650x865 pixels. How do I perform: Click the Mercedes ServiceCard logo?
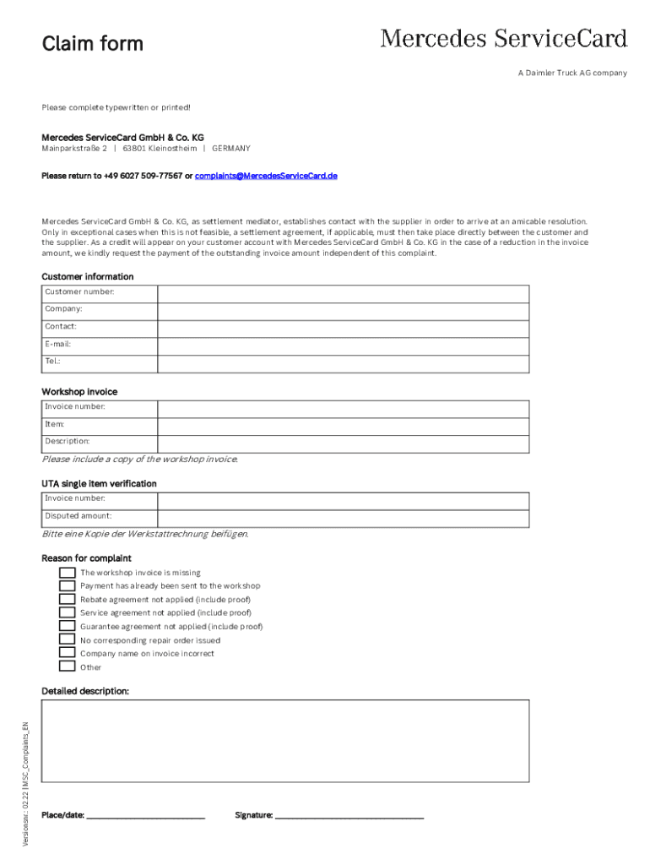point(503,39)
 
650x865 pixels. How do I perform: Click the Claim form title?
point(93,43)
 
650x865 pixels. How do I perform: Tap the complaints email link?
point(267,176)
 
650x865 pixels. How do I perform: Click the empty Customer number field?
point(343,292)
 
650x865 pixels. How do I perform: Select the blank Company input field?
point(343,310)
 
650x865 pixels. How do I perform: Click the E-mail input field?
point(343,345)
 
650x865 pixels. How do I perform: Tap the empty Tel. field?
point(343,363)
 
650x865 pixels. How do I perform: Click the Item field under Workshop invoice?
point(343,426)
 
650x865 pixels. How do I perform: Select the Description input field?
point(343,443)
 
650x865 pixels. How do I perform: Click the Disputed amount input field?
point(343,518)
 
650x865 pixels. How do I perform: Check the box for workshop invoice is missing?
point(68,573)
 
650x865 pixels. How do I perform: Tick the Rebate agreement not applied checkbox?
point(68,600)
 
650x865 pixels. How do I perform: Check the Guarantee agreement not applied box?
point(68,627)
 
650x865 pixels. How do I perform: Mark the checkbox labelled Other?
point(68,666)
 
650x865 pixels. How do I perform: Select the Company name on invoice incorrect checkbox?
point(68,654)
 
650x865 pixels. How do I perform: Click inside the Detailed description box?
point(285,740)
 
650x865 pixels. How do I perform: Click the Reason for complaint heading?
point(86,558)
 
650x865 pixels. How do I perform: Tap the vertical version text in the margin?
point(26,785)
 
